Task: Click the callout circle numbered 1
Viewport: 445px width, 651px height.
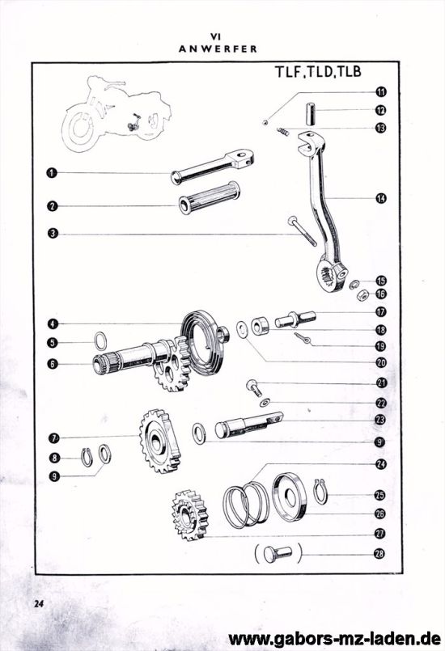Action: coord(50,172)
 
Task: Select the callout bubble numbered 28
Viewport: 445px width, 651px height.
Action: coord(380,554)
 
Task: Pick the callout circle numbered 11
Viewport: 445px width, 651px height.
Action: coord(380,91)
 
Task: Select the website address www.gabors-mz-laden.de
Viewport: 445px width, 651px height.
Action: coord(336,636)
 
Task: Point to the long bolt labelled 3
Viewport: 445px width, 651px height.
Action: coord(301,230)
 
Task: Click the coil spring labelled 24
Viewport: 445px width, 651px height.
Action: coord(247,504)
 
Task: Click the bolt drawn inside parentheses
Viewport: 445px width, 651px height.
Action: coord(278,555)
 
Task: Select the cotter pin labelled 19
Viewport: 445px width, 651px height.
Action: coord(303,340)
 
